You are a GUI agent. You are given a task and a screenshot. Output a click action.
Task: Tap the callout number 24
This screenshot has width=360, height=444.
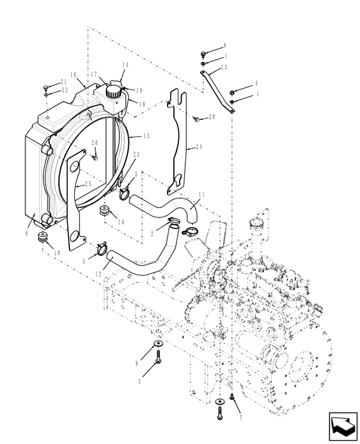199,147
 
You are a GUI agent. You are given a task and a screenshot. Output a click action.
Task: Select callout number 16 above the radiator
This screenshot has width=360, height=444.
74,74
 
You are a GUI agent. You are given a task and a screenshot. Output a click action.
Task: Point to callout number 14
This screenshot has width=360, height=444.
125,65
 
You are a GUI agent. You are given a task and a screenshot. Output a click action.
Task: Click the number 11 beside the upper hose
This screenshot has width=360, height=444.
201,194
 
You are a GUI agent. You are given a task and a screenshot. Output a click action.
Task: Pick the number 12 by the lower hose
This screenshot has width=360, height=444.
98,274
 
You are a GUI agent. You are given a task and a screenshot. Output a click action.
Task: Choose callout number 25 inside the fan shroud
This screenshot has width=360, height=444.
88,183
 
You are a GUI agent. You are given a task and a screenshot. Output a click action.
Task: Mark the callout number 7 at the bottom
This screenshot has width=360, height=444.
241,419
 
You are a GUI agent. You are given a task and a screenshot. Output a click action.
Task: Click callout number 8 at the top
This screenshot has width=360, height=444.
224,46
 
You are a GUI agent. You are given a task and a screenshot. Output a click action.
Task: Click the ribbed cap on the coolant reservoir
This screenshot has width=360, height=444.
114,91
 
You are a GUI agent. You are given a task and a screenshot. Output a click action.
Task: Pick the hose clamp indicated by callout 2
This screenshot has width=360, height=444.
173,223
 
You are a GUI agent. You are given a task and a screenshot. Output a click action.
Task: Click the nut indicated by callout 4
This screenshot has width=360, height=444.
234,92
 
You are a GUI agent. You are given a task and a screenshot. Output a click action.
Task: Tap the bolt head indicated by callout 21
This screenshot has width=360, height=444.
46,86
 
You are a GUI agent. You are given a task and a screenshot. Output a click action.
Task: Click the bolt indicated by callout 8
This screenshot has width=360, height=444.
202,55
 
